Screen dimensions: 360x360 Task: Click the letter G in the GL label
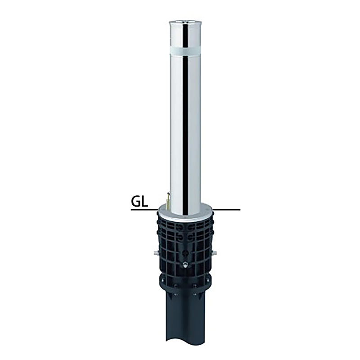(135, 202)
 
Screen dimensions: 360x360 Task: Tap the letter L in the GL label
(144, 202)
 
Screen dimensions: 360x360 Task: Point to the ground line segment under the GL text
(144, 210)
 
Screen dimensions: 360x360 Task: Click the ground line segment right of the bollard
(226, 210)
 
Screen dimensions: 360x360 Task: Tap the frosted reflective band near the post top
(185, 51)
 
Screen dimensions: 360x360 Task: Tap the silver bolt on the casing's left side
(156, 253)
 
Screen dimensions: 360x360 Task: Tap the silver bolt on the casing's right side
(215, 253)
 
